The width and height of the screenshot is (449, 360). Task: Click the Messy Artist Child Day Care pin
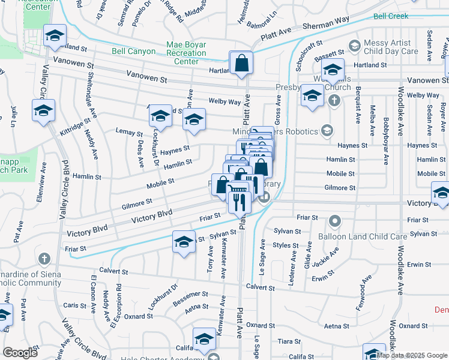pos(354,45)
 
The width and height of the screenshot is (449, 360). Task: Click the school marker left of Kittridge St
pos(43,111)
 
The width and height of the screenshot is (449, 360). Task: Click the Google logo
pos(20,352)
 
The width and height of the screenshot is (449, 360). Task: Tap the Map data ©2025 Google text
pos(412,355)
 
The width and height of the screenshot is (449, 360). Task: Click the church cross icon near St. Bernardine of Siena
pos(43,259)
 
